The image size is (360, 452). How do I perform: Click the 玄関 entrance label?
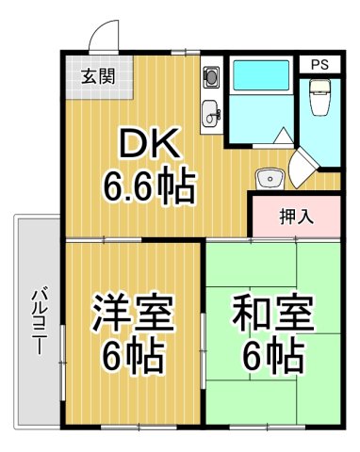(x=92, y=76)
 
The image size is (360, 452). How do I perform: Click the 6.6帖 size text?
(x=149, y=186)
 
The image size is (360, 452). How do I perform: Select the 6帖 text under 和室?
(x=271, y=356)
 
